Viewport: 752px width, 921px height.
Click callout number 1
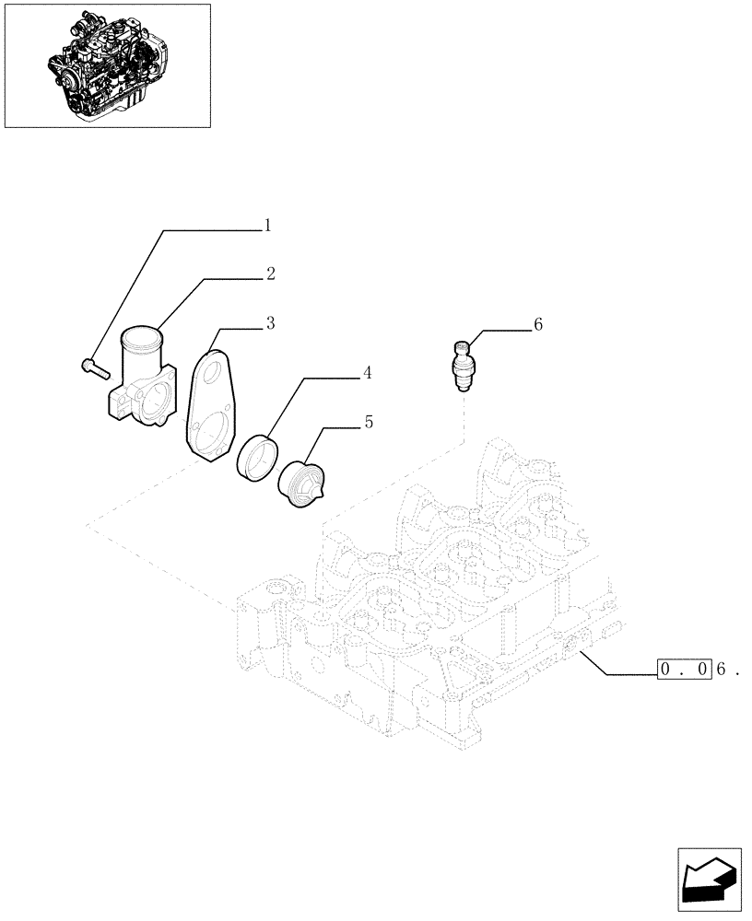[x=267, y=225]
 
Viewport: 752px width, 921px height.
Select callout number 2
[x=270, y=274]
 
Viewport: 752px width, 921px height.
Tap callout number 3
[x=270, y=323]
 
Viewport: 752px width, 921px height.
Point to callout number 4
[x=366, y=373]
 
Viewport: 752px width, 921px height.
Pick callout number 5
[x=368, y=423]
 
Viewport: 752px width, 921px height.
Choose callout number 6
[x=538, y=324]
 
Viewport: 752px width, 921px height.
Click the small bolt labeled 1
[x=95, y=369]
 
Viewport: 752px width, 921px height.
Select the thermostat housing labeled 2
[x=141, y=387]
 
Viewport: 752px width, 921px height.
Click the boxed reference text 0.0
[x=683, y=670]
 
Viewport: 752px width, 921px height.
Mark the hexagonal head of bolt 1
[x=87, y=365]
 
